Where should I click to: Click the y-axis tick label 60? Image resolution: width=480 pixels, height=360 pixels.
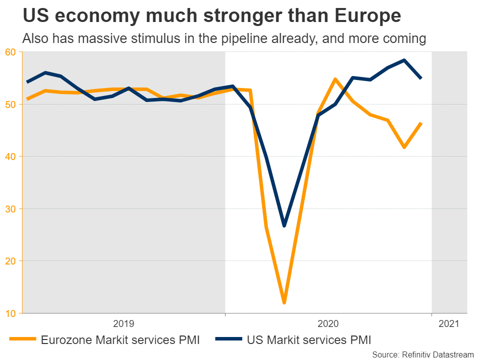11,52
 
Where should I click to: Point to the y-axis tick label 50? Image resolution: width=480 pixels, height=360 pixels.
11,104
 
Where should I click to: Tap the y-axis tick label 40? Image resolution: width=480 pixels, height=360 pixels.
11,156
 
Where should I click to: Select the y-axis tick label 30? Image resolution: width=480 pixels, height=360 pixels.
11,209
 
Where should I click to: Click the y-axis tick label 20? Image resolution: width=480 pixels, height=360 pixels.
11,261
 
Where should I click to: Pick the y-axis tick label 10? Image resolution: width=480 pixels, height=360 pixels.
11,313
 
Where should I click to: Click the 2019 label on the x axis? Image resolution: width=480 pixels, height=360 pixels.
124,324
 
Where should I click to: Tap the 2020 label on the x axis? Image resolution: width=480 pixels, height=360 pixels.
328,324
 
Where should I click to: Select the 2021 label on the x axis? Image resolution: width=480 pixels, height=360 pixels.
449,324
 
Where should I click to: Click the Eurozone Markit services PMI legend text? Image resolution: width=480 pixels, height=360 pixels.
120,340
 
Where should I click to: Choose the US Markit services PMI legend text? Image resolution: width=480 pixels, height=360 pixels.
309,340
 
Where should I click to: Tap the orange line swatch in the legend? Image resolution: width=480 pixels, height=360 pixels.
22,340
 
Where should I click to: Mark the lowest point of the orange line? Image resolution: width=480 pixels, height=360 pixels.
284,302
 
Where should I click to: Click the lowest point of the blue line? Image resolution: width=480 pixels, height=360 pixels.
284,225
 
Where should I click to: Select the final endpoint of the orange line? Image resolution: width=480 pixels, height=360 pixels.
421,123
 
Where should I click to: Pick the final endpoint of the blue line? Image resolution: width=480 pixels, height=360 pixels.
421,78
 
